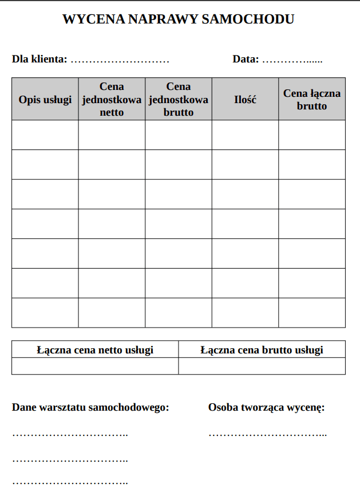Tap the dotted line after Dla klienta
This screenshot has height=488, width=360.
(120, 60)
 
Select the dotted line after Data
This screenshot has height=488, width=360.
(292, 60)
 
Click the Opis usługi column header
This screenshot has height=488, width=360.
(45, 100)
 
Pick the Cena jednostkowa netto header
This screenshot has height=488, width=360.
(112, 99)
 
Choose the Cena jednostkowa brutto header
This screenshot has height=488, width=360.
(179, 99)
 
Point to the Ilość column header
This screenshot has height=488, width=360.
(245, 100)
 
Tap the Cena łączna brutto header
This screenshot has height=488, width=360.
(312, 99)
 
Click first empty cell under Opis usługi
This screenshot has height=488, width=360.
(45, 135)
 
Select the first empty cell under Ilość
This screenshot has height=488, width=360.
(245, 135)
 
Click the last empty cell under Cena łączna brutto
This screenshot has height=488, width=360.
(312, 313)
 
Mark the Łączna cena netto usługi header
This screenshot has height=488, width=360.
(95, 349)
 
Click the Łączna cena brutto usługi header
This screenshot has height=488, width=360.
(262, 349)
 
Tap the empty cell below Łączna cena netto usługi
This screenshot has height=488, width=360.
(95, 366)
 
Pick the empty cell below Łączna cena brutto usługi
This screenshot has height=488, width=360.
(262, 366)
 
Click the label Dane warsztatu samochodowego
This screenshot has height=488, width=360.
(90, 408)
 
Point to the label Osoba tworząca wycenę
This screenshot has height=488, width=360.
(266, 408)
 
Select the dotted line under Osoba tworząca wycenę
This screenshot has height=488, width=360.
(267, 434)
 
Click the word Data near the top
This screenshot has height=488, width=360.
(246, 59)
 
